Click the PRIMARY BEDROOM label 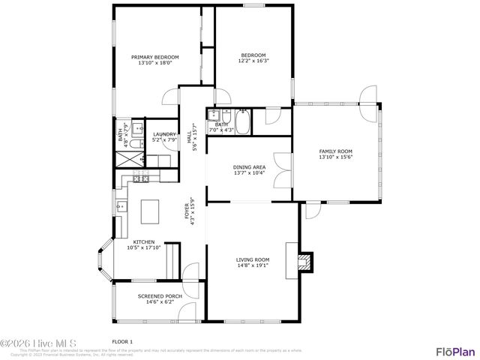tap(155, 57)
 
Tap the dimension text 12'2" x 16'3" tap(253, 61)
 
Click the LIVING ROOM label tap(253, 259)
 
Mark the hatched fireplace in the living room tap(304, 262)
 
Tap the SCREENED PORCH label tap(156, 295)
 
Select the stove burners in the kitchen tap(140, 177)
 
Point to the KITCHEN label tap(144, 241)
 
